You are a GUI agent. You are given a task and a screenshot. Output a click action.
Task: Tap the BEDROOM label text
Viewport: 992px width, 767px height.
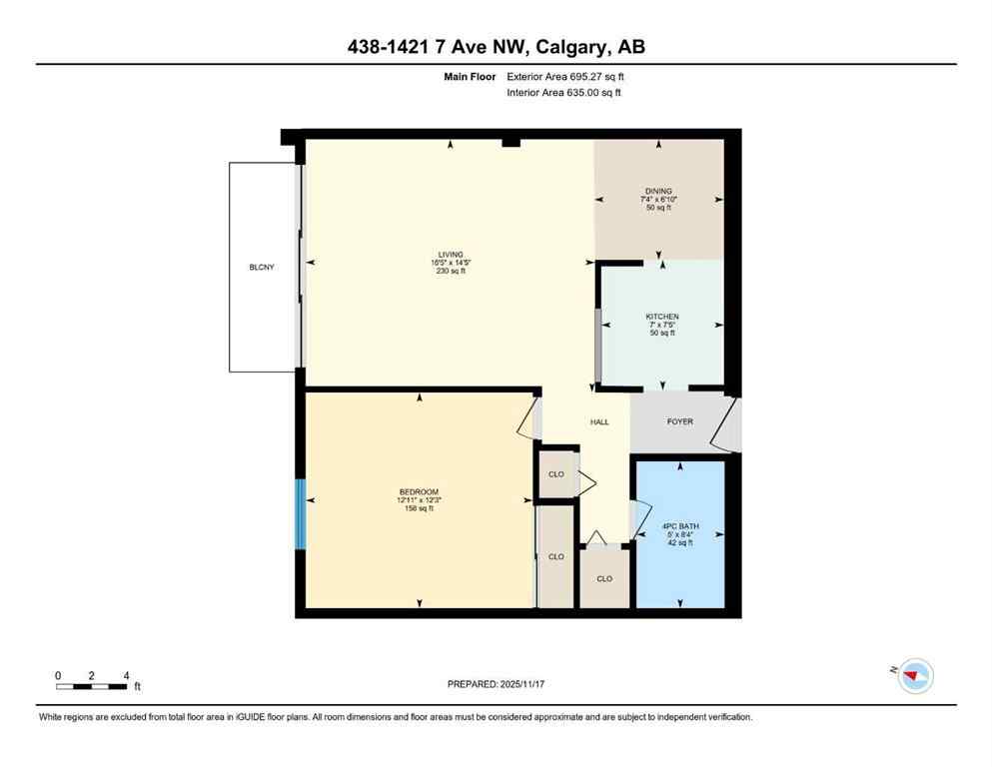(x=419, y=491)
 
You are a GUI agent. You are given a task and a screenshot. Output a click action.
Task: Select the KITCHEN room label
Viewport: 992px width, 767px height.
(x=661, y=317)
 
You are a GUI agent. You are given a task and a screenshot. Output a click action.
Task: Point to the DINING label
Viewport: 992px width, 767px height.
(x=658, y=191)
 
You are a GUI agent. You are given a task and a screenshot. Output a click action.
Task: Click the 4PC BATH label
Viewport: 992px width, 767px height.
(x=679, y=526)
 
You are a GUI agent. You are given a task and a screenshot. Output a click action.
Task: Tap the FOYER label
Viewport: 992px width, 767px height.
(x=679, y=421)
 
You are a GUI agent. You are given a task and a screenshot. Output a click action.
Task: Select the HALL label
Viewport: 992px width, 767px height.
(x=599, y=421)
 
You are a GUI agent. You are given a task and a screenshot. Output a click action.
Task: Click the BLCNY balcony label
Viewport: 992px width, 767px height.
(x=262, y=268)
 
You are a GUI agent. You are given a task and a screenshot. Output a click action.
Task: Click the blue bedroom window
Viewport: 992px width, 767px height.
(x=300, y=513)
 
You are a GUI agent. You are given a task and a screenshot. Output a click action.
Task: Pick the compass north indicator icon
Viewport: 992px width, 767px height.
(x=914, y=676)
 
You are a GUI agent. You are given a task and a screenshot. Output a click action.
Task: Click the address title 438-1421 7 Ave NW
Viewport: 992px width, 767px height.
(x=496, y=47)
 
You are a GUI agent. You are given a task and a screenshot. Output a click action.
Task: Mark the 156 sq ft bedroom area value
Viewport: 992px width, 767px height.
(x=419, y=508)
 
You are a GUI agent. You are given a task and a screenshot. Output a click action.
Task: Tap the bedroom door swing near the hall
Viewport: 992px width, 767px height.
(x=529, y=416)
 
